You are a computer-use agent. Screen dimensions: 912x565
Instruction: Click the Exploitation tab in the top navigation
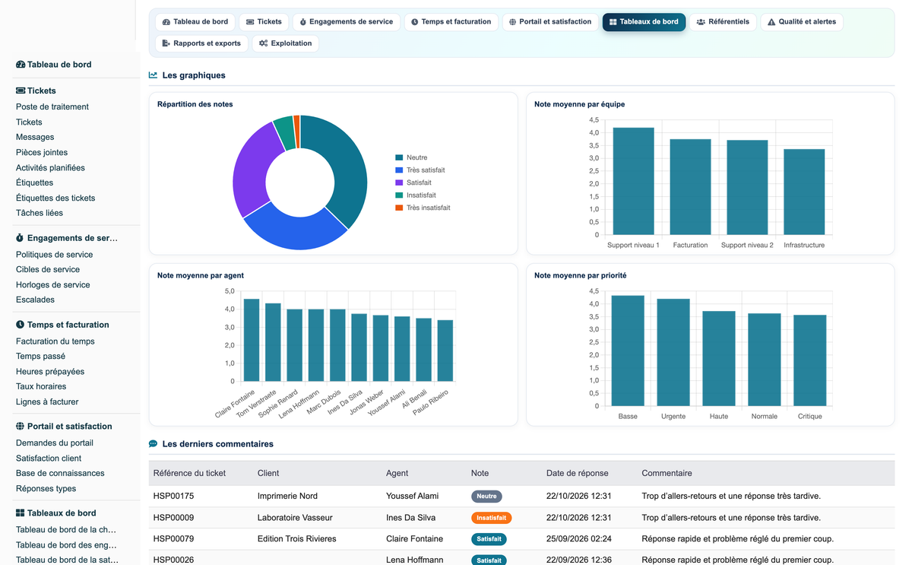pos(286,43)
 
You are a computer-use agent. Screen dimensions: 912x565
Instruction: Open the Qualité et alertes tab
pos(802,21)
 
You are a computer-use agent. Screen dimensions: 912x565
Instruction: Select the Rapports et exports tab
pos(201,43)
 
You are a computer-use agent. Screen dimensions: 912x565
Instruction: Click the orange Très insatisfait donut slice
pos(297,131)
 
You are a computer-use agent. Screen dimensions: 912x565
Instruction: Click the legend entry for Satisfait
pos(413,183)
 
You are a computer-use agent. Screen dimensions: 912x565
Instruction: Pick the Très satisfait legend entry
pos(420,170)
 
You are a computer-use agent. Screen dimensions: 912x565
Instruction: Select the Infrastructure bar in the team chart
pos(804,192)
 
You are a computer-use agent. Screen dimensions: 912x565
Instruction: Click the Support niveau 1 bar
pos(633,181)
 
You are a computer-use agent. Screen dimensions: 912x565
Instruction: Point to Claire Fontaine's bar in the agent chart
pos(252,340)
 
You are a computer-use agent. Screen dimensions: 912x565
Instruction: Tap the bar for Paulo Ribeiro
pos(445,351)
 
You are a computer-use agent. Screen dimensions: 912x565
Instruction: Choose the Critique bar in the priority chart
pos(809,360)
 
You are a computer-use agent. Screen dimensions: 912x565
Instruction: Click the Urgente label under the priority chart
pos(673,416)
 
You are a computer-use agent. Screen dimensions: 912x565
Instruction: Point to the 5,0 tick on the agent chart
pos(230,291)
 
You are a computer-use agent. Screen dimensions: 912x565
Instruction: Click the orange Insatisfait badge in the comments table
pos(491,518)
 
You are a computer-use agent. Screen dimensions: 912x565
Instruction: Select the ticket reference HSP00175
pos(173,496)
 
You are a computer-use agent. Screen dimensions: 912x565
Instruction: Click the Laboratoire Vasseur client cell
pos(295,518)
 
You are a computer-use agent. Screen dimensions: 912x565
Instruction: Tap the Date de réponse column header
pos(577,473)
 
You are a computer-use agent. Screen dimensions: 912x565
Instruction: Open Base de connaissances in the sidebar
pos(60,473)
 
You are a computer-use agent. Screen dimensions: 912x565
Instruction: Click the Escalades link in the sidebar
pos(35,300)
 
